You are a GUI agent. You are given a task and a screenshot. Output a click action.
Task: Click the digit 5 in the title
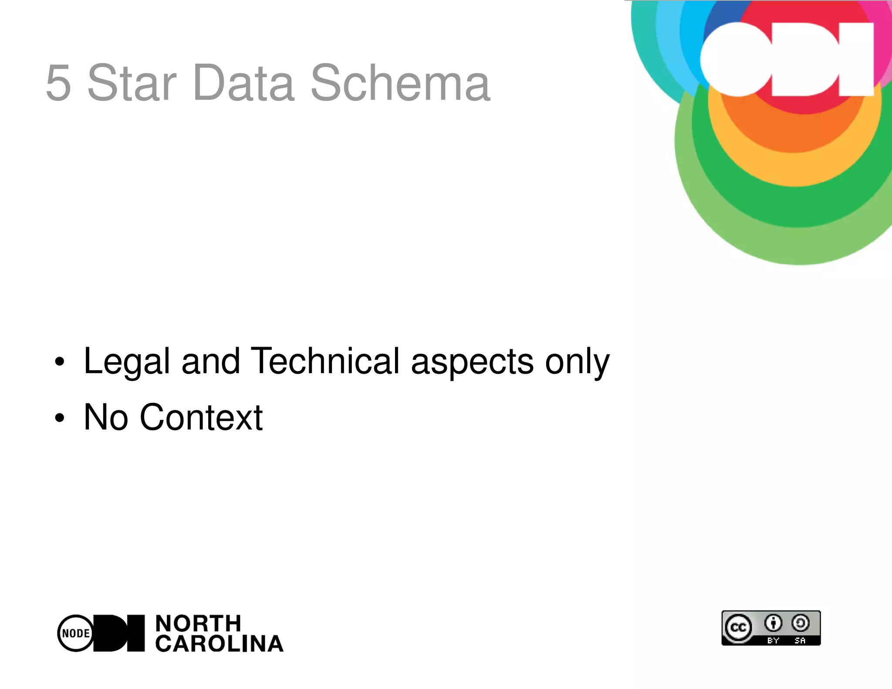pos(58,83)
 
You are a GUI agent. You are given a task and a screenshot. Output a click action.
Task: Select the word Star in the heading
pos(132,83)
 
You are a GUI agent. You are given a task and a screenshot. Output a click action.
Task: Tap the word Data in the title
pos(244,83)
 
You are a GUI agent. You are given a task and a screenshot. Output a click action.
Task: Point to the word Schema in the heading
pos(400,83)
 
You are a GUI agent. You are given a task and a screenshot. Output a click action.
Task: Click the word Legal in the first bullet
pos(127,361)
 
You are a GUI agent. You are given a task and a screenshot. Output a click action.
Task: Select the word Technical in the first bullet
pos(325,361)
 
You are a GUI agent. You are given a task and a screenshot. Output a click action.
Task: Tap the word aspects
pos(472,361)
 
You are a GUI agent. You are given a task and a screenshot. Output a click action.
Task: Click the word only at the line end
pos(578,362)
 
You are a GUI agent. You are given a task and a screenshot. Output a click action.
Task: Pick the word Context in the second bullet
pos(201,417)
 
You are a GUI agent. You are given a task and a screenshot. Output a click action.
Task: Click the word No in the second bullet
pos(106,417)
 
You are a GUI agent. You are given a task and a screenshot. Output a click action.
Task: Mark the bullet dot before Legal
pos(60,362)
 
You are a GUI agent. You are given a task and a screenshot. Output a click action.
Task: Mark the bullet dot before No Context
pos(60,418)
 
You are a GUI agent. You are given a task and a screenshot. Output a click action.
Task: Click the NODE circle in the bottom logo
pos(76,633)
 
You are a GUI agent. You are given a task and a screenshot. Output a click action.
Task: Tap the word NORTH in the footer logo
pos(198,623)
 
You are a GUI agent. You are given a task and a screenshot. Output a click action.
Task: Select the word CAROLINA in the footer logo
pos(220,644)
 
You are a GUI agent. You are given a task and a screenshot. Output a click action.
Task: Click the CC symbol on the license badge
pos(738,628)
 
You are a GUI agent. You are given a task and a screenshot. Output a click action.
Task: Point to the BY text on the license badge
pos(773,640)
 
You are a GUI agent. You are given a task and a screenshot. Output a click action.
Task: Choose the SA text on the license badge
pos(800,640)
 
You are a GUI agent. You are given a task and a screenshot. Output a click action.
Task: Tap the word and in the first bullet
pos(211,361)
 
